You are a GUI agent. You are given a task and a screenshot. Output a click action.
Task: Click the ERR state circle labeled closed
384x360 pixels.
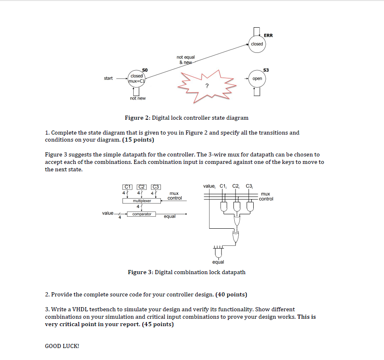pos(257,44)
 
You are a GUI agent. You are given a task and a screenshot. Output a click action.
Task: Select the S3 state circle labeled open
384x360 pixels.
pos(257,78)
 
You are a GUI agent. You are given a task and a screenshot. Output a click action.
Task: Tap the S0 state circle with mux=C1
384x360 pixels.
pos(137,78)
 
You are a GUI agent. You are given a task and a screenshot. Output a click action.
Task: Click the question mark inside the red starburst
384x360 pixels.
pos(207,86)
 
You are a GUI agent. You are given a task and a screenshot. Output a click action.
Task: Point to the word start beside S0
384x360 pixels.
pos(108,78)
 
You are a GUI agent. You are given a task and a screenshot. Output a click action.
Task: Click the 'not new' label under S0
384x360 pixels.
pos(137,98)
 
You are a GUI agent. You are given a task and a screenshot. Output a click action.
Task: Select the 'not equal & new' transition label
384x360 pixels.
pos(185,59)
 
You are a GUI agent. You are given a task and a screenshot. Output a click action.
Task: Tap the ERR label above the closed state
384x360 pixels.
pos(268,36)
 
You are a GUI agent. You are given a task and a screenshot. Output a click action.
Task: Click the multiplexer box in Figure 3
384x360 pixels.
pos(141,201)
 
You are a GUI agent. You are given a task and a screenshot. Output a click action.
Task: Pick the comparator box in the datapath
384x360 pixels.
pos(141,214)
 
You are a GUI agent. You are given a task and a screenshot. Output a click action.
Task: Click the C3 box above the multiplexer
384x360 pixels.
pos(156,187)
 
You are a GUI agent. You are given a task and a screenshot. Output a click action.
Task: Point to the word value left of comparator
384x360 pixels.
pos(108,213)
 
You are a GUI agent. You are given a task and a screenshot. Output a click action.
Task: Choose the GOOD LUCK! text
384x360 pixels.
pos(62,346)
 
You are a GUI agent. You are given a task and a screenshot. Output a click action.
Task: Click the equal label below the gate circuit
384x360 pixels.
pos(218,262)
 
